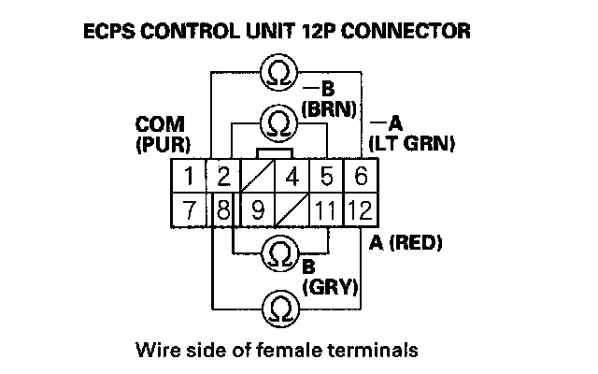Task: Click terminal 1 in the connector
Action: (x=189, y=175)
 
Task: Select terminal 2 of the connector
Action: (x=223, y=175)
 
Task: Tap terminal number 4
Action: (x=292, y=175)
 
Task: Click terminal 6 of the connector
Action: (x=359, y=175)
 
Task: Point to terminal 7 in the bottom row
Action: (x=189, y=209)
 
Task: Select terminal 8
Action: (x=221, y=209)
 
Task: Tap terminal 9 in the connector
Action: (x=257, y=209)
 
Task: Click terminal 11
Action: (x=325, y=209)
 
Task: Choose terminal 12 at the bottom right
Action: (x=359, y=209)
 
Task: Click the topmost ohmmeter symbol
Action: (x=278, y=72)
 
